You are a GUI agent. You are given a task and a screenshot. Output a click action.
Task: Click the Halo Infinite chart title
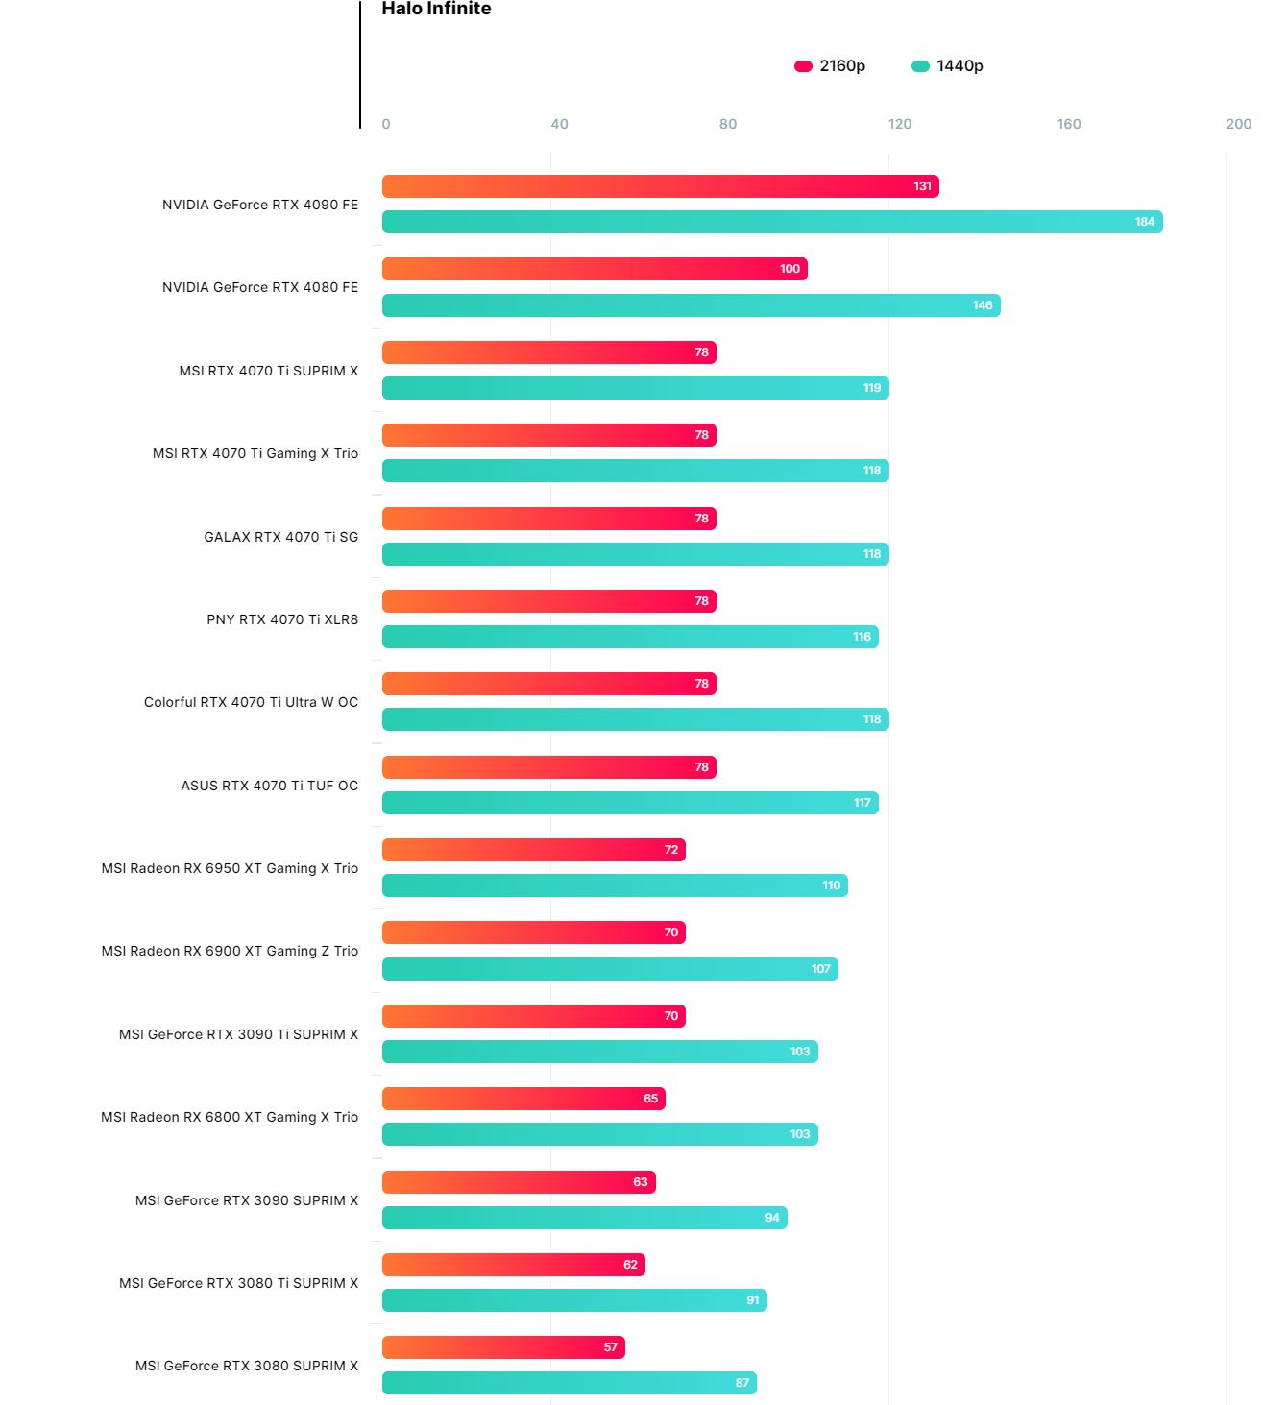[436, 9]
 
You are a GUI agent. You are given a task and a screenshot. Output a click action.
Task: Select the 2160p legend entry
[830, 66]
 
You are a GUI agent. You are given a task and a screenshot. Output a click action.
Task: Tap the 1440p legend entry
[947, 66]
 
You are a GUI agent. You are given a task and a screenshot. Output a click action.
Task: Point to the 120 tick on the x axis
[900, 124]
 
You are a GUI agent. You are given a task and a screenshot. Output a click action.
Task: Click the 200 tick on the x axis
[1238, 124]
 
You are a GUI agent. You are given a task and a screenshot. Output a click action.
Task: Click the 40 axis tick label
[559, 124]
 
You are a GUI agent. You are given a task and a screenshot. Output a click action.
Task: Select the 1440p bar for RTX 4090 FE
[772, 222]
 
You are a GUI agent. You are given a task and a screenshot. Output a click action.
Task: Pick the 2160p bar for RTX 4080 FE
[595, 269]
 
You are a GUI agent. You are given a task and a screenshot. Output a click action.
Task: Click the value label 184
[1145, 222]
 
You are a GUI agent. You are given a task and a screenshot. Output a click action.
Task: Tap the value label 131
[923, 186]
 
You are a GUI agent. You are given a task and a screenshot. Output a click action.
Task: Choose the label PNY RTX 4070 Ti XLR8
[282, 619]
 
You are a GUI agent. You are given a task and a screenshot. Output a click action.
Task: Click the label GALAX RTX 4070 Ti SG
[280, 537]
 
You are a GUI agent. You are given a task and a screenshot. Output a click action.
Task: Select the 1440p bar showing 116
[630, 637]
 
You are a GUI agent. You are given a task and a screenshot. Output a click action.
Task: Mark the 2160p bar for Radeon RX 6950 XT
[533, 850]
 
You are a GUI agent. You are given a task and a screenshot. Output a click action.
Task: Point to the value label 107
[821, 969]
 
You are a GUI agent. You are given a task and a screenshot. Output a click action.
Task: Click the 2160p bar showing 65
[523, 1099]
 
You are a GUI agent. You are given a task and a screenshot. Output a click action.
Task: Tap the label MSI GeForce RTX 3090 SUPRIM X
[247, 1200]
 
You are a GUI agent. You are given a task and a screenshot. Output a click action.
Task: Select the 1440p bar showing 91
[574, 1300]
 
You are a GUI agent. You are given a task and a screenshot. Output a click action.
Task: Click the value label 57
[611, 1347]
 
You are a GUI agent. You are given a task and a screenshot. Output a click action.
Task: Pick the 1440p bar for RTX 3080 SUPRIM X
[569, 1383]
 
